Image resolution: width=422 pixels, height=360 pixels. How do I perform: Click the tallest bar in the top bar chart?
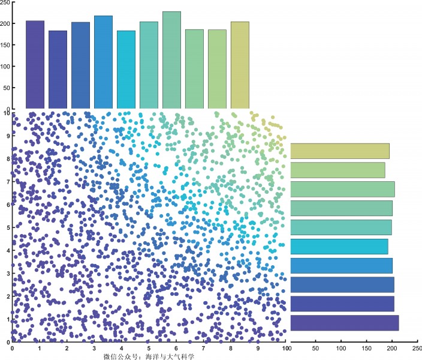click(x=171, y=60)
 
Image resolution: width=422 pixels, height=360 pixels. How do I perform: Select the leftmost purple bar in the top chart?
click(x=35, y=65)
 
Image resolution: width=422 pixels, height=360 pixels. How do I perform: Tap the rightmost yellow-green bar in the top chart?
click(x=240, y=65)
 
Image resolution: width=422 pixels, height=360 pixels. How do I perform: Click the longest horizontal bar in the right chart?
click(x=345, y=323)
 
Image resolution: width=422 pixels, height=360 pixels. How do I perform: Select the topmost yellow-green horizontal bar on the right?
click(x=340, y=151)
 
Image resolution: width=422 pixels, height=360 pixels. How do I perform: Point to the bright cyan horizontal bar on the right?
click(x=339, y=247)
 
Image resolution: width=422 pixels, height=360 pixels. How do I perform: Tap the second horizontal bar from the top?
click(x=337, y=170)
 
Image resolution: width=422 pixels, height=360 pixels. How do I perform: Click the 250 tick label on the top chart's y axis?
click(x=5, y=2)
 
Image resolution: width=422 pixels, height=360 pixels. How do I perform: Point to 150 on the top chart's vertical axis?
click(x=5, y=45)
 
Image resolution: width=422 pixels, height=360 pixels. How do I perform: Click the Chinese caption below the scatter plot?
click(x=149, y=356)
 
